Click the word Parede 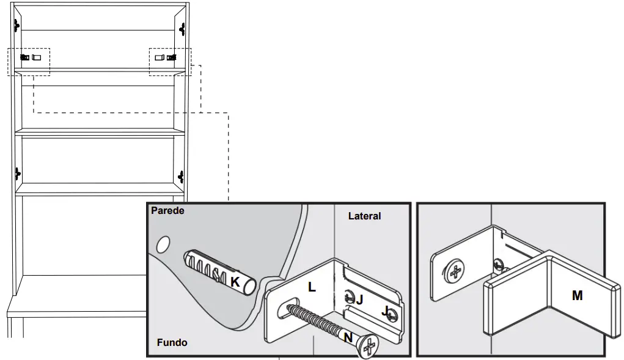coord(167,211)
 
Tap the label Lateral coord(364,216)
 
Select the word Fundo coord(172,342)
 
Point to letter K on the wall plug coord(235,282)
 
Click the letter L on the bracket coord(312,287)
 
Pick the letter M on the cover coord(577,296)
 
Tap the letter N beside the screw coord(348,337)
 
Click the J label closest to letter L coord(359,299)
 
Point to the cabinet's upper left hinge coord(17,24)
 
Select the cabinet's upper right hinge coord(182,28)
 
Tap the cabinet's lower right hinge coord(181,177)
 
